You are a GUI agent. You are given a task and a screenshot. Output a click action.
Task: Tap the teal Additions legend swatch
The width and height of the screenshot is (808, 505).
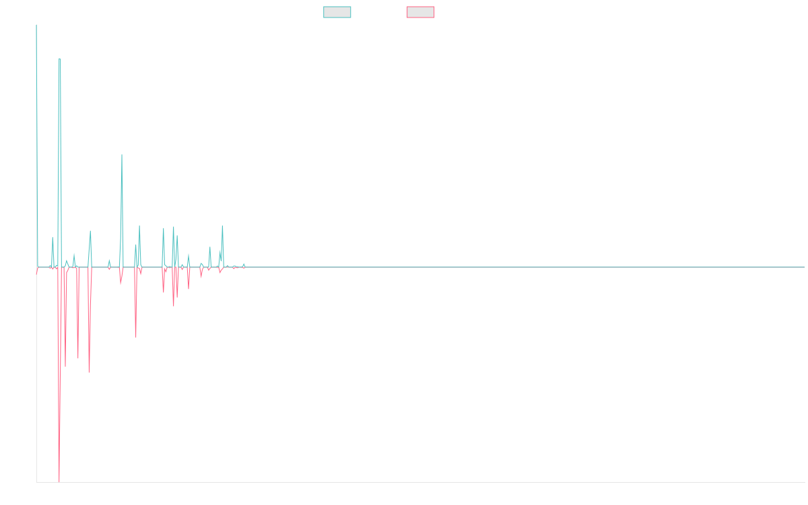[337, 12]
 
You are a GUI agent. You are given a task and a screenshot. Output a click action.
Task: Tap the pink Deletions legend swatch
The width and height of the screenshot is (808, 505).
[421, 12]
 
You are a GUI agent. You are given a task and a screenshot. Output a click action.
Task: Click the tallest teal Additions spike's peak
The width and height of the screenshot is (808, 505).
[59, 59]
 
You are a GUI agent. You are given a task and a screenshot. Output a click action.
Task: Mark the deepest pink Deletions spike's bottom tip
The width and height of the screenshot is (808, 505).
[59, 481]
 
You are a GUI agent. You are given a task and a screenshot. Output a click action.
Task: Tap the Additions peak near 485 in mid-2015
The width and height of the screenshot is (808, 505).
[122, 155]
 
